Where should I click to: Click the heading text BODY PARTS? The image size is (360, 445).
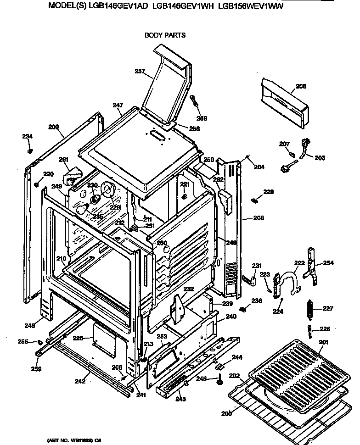tap(165, 35)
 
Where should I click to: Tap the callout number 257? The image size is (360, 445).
tap(140, 71)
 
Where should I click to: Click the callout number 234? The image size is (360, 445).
tap(28, 136)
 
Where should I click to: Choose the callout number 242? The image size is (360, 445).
tap(80, 380)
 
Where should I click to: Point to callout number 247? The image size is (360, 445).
tap(118, 105)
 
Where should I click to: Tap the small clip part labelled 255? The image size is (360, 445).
tap(40, 341)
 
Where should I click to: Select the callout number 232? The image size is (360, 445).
tap(188, 289)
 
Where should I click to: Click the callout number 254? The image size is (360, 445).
tap(328, 263)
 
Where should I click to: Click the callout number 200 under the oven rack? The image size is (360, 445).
tap(226, 414)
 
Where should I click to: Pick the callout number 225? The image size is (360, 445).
tap(78, 338)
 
